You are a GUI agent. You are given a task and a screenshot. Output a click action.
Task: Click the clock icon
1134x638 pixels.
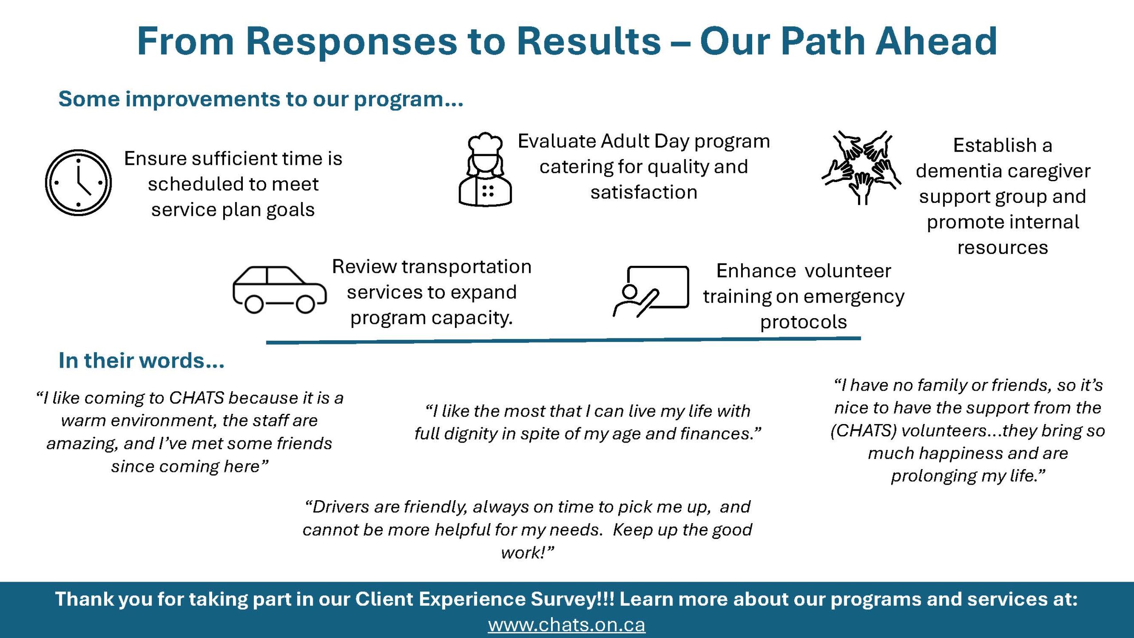78,183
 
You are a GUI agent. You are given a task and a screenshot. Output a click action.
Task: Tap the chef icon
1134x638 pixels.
485,169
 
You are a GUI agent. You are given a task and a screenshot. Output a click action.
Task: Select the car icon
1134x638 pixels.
280,290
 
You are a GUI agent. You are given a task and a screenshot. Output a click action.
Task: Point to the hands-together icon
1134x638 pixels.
861,167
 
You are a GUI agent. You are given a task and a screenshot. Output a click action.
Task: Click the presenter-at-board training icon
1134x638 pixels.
651,292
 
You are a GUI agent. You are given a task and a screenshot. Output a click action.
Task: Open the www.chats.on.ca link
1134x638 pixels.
567,625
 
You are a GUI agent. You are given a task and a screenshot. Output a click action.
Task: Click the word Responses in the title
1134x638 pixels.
351,42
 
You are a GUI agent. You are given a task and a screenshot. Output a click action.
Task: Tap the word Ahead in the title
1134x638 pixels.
936,41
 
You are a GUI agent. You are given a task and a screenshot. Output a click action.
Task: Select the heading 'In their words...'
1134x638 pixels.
141,360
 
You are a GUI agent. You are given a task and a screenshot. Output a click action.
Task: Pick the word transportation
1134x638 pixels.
467,267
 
